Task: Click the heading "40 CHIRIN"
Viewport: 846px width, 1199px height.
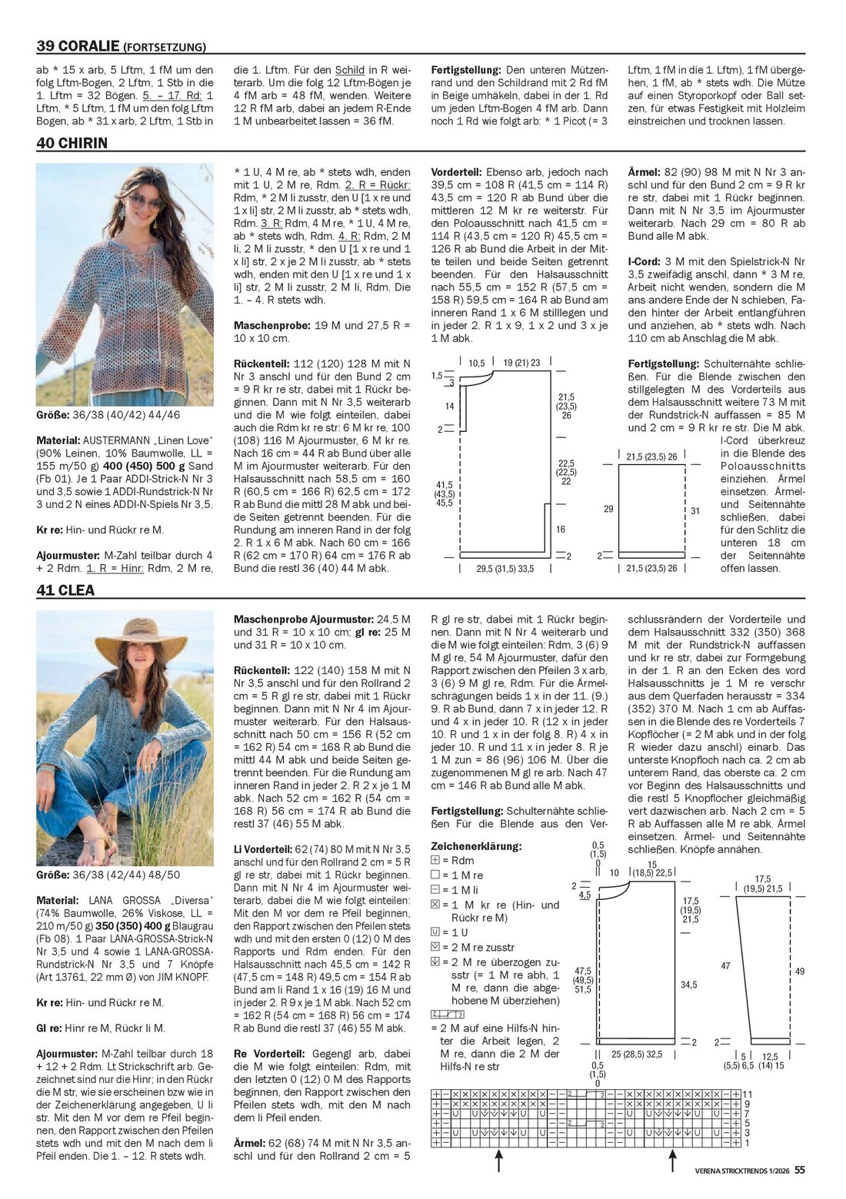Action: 72,143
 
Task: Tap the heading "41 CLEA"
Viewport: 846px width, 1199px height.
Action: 65,590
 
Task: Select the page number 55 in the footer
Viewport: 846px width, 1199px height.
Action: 800,1170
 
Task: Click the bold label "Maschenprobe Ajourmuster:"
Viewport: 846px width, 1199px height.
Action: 303,619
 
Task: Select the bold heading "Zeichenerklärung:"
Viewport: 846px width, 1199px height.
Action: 476,846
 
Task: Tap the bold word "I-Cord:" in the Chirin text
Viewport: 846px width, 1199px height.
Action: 644,261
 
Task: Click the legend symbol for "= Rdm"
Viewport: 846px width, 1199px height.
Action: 435,861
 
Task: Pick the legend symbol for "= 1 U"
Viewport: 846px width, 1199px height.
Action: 435,932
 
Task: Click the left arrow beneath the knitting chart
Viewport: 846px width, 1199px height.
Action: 498,1161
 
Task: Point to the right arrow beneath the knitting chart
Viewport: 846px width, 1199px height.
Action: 672,1161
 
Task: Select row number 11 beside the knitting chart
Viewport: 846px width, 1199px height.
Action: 747,1094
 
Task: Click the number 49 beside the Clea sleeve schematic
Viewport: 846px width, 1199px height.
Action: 800,971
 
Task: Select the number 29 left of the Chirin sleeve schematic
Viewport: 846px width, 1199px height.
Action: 608,509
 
